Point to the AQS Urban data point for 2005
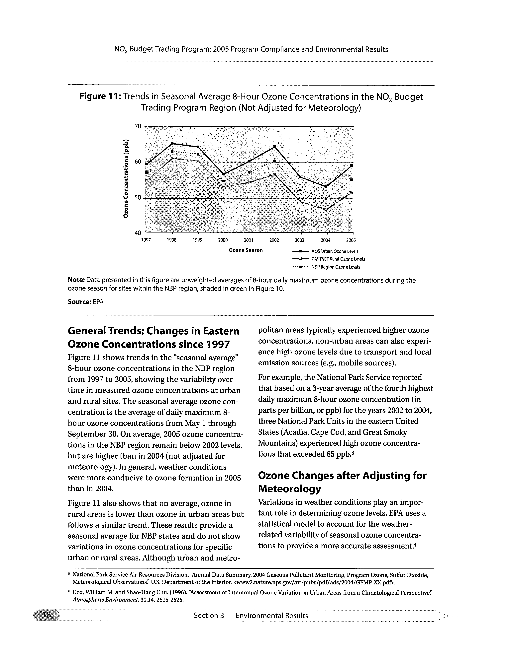coord(352,166)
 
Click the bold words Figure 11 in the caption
coord(100,97)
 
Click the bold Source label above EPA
coord(79,302)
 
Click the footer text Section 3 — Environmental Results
coord(251,616)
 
